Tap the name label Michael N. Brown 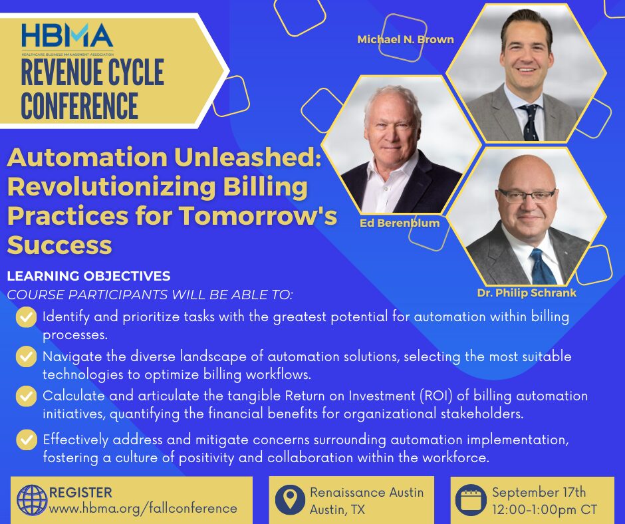pos(406,39)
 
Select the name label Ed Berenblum pos(400,223)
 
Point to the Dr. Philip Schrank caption pos(527,293)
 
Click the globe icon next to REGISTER pos(32,500)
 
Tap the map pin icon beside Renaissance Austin pos(290,499)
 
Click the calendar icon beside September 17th pos(471,500)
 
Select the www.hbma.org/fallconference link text pos(143,509)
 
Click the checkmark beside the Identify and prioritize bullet pos(27,317)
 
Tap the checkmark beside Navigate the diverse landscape pos(27,356)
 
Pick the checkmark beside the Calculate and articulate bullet pos(27,396)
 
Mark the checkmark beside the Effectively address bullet pos(27,440)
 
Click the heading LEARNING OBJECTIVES pos(89,276)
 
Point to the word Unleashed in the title pos(247,157)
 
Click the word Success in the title pos(59,245)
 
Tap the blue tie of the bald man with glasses pos(543,266)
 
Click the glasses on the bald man pos(527,195)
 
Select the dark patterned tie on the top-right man pos(531,122)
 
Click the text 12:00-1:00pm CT pos(545,509)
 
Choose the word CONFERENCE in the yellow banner pos(79,106)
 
